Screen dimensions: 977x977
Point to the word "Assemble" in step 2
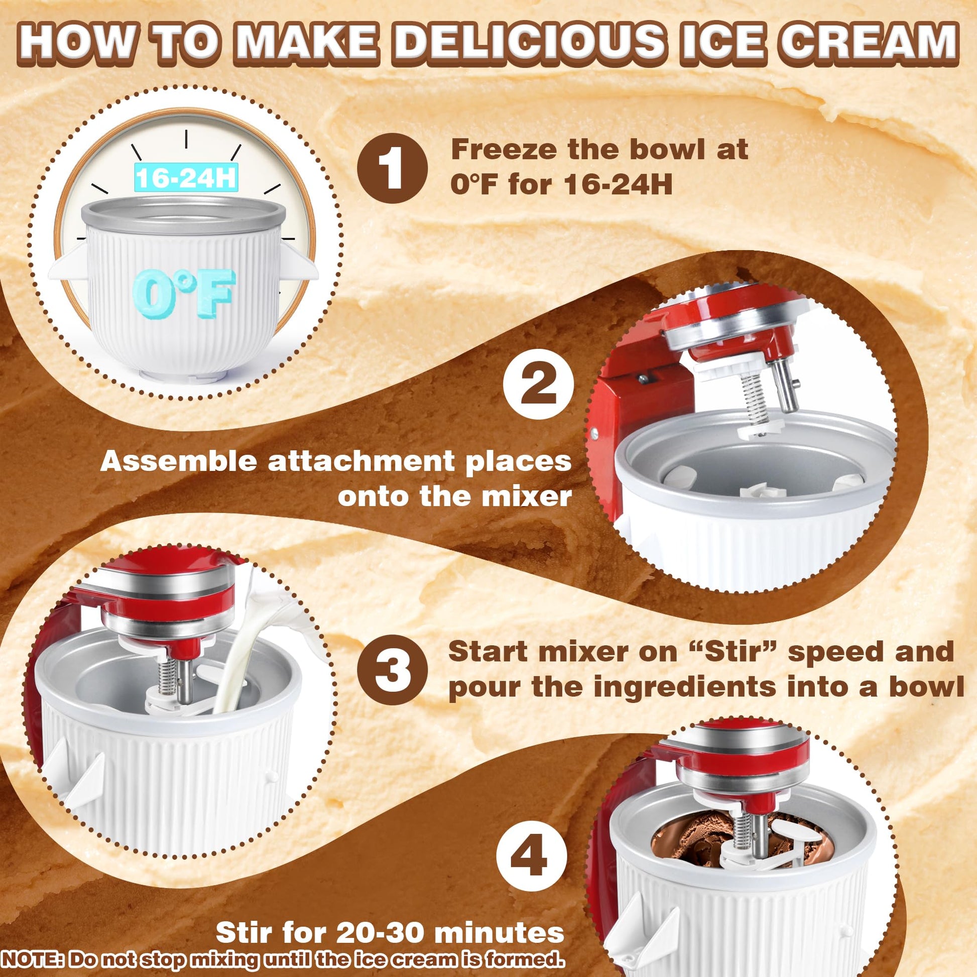pyautogui.click(x=179, y=463)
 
